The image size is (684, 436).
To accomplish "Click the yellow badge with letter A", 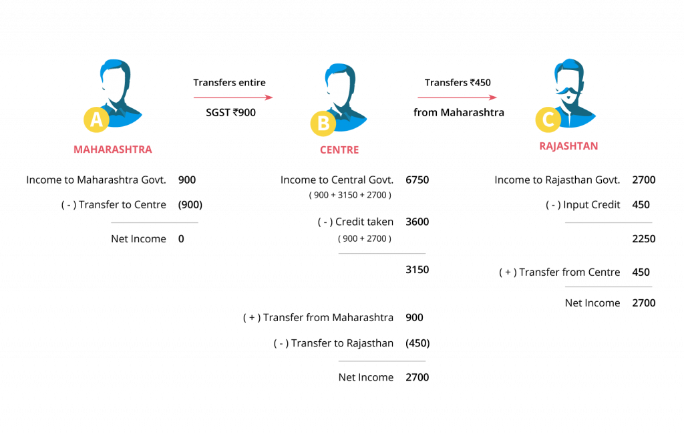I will click(x=96, y=120).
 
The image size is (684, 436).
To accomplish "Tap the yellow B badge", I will click(x=323, y=124).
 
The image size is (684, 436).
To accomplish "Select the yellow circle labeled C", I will click(x=548, y=120).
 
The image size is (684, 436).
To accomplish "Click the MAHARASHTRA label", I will click(x=112, y=149).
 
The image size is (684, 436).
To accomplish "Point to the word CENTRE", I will click(x=339, y=150).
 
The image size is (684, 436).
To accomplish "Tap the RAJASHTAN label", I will click(x=568, y=146).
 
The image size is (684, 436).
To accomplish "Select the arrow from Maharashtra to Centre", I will click(x=230, y=97).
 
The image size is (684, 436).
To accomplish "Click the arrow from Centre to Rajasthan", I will click(x=455, y=97).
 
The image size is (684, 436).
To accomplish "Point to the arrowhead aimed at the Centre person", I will click(x=269, y=97).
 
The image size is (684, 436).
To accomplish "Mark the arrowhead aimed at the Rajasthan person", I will click(x=494, y=97).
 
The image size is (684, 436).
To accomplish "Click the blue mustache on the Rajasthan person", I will click(x=567, y=89).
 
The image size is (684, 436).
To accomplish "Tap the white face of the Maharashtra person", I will click(x=116, y=85).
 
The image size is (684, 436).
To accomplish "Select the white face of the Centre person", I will click(x=341, y=89).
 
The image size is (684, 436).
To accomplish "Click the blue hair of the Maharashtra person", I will click(x=115, y=65).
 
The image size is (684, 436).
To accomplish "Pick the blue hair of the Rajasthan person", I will click(x=568, y=65).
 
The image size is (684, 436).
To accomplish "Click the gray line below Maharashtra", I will click(x=154, y=222).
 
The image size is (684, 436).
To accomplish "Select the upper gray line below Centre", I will click(x=382, y=253).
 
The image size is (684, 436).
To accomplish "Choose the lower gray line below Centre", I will click(x=382, y=361).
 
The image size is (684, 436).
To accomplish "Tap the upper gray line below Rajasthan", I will click(x=609, y=222).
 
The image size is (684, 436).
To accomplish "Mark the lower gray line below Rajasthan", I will click(x=609, y=286).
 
